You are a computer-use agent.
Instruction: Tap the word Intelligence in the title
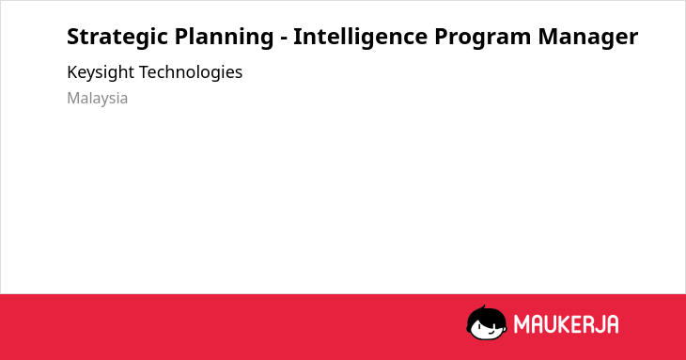(x=360, y=38)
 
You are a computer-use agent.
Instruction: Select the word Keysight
(x=101, y=73)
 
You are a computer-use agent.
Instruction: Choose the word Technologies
(x=191, y=73)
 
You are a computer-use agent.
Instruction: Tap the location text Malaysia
(x=97, y=99)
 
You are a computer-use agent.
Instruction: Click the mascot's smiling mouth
(x=492, y=331)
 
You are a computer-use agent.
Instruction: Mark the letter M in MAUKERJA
(x=522, y=324)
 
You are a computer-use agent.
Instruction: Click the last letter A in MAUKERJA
(x=613, y=324)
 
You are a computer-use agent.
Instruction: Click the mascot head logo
(x=487, y=323)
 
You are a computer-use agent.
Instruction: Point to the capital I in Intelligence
(x=297, y=37)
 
